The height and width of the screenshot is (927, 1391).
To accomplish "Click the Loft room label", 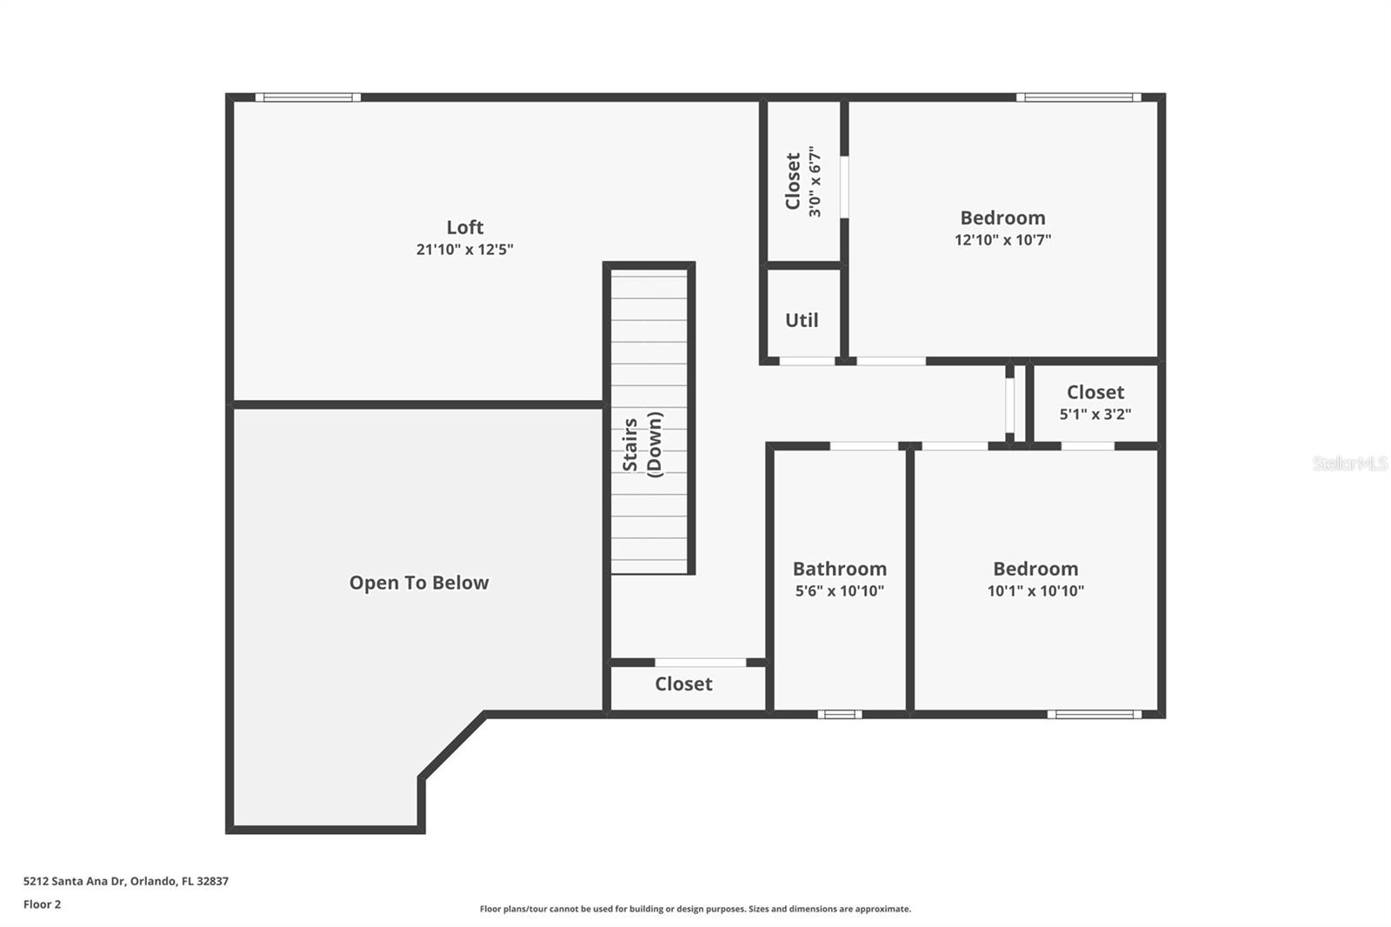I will [464, 227].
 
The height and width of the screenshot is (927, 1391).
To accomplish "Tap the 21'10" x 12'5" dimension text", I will [464, 250].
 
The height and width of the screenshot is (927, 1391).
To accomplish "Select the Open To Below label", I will [419, 583].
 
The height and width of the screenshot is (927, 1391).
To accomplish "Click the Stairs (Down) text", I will [642, 444].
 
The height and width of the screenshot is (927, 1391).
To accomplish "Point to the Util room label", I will [802, 320].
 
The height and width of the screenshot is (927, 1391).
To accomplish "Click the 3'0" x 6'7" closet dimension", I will [815, 182].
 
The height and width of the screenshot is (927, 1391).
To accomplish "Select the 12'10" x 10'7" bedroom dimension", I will [1002, 240].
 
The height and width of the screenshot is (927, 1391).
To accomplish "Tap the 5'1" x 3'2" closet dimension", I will [1095, 415].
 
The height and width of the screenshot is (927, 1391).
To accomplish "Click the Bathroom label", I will [839, 569].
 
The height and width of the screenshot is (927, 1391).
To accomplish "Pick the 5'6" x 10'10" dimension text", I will [839, 591].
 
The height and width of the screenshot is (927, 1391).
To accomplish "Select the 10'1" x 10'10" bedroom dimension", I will [1035, 591].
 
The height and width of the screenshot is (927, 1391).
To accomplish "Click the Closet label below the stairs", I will [683, 684].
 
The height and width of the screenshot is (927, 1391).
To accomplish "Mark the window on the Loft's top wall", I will [308, 97].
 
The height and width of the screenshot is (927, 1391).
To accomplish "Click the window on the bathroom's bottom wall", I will [839, 715].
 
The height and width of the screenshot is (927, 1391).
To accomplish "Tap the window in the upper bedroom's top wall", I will [1078, 97].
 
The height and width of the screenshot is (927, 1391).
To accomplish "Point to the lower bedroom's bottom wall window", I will [1094, 715].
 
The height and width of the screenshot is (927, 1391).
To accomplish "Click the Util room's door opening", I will [807, 361].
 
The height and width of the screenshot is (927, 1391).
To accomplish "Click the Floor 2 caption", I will [42, 904].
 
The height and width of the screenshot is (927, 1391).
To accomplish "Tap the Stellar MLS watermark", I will [1349, 463].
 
